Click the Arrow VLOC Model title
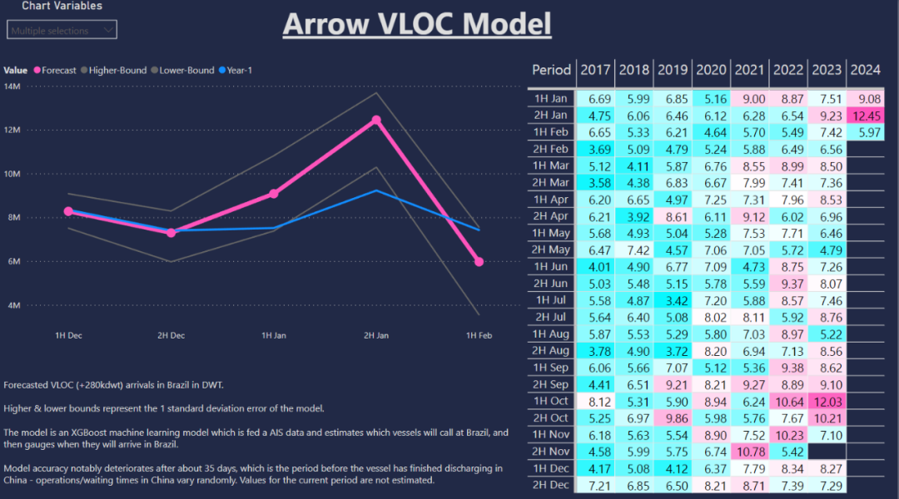click(x=417, y=23)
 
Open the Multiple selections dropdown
click(x=62, y=31)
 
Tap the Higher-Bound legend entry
click(x=117, y=71)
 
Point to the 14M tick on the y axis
click(x=12, y=86)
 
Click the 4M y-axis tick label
click(x=12, y=305)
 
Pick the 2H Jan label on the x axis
click(x=376, y=335)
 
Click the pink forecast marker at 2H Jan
click(x=376, y=120)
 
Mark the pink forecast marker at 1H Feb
click(x=479, y=262)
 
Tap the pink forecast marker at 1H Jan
click(x=274, y=194)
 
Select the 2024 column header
click(x=867, y=70)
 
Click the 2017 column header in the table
click(x=594, y=70)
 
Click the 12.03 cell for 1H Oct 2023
click(x=827, y=400)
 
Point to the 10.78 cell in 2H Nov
click(x=749, y=451)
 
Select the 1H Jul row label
click(x=551, y=299)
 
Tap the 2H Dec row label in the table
click(x=551, y=484)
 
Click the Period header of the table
click(x=551, y=70)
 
